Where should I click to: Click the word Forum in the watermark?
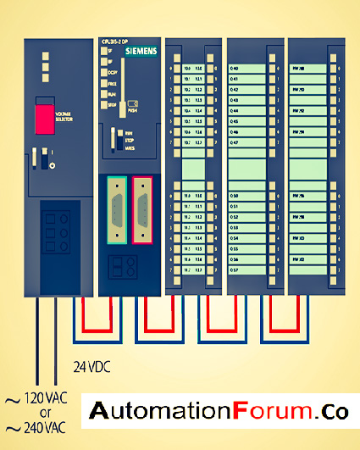(272, 412)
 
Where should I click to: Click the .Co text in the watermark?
(332, 412)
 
